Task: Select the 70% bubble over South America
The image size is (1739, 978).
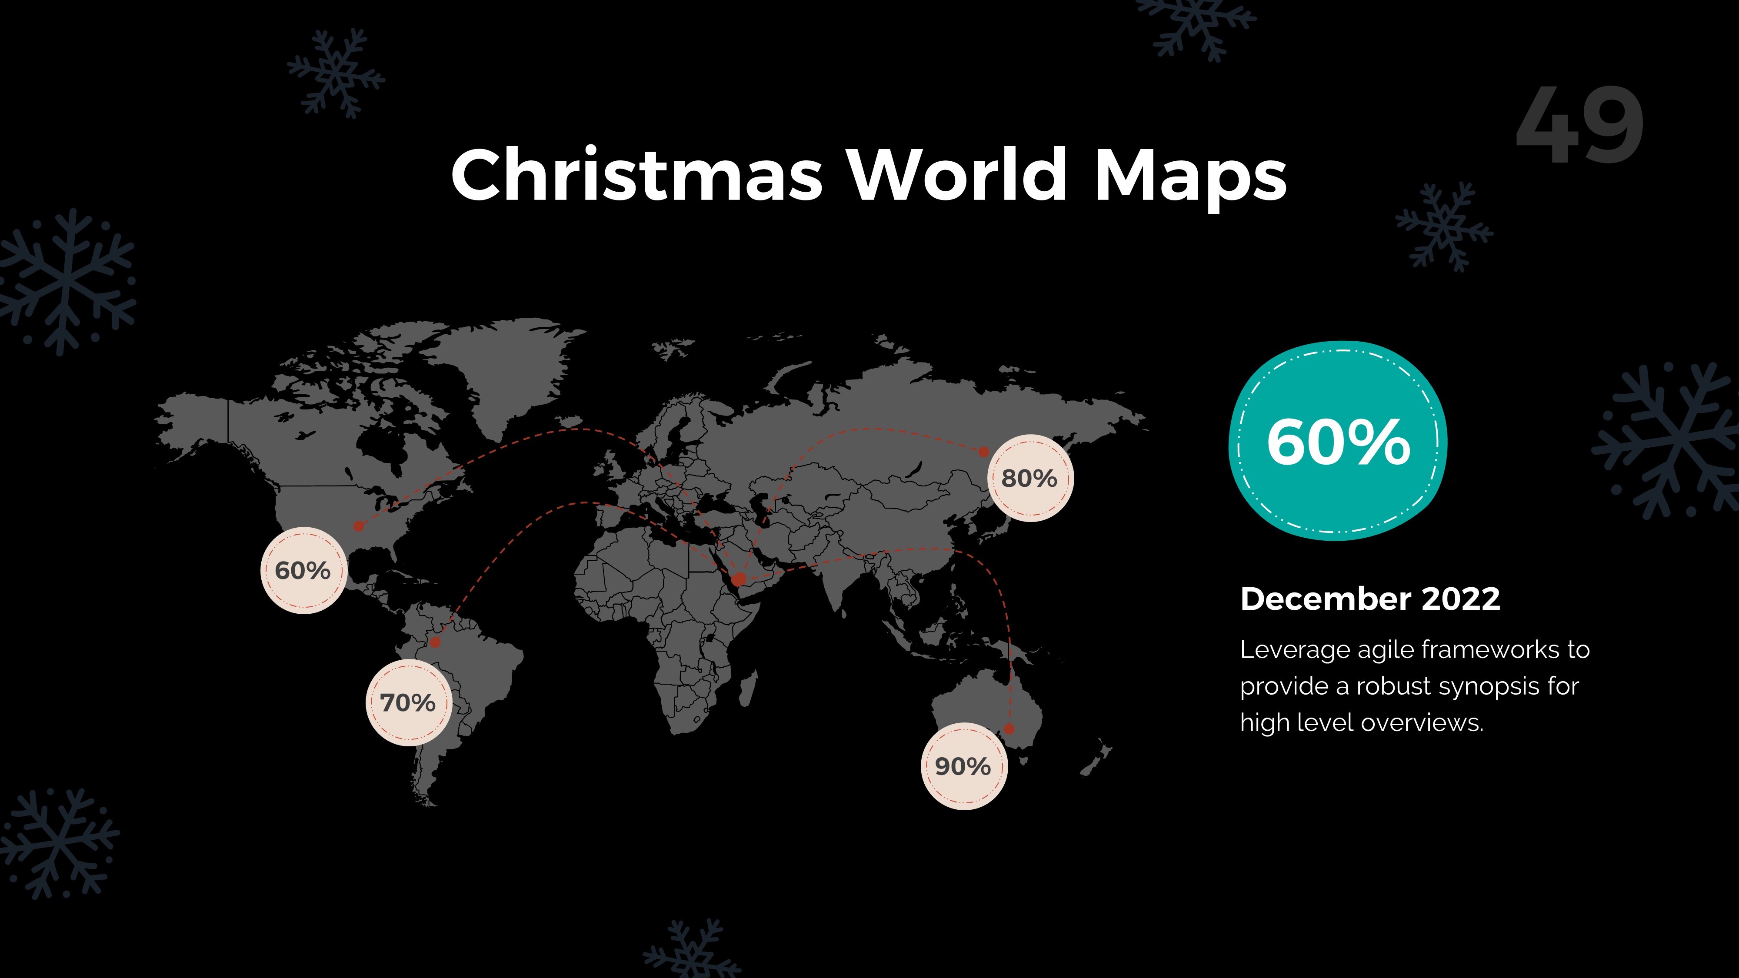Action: point(408,702)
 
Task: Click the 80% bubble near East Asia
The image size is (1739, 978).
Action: point(1029,478)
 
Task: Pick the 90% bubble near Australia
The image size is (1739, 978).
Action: point(963,766)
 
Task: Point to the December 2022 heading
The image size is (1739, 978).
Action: point(1370,599)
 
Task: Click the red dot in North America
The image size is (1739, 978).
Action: point(359,526)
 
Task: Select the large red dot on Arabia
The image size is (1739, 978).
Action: point(739,579)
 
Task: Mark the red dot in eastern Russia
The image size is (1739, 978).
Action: point(983,452)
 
